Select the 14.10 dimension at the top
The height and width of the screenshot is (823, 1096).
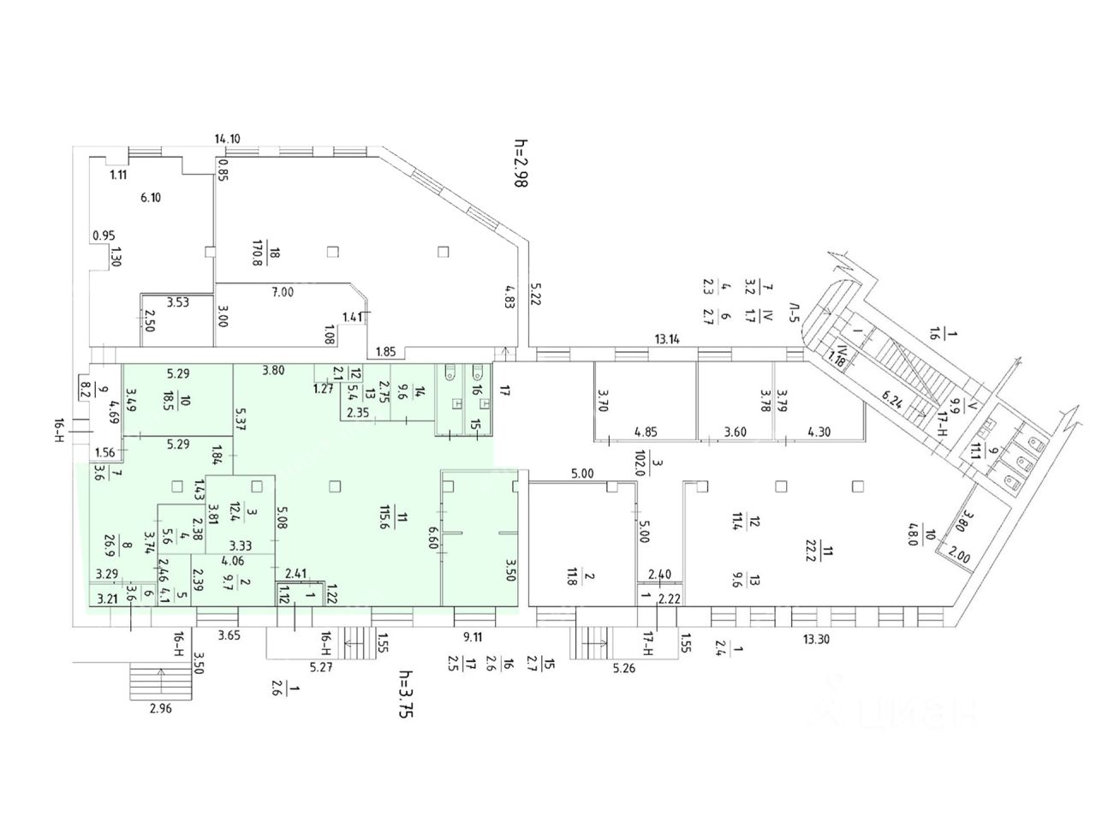(228, 138)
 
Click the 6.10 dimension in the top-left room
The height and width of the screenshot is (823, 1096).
(151, 197)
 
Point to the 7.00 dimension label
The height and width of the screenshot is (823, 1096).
(283, 292)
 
